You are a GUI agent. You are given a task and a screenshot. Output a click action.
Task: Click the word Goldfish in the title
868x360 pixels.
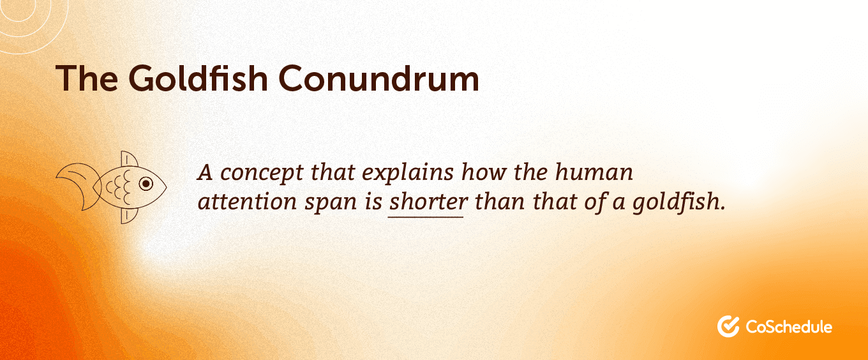198,79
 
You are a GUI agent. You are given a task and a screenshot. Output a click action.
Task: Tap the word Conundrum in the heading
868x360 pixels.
378,79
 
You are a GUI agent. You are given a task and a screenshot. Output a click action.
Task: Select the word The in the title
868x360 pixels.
87,79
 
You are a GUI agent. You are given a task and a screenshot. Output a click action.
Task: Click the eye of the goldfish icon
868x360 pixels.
146,183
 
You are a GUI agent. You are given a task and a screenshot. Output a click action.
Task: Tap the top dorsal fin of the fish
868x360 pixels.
129,160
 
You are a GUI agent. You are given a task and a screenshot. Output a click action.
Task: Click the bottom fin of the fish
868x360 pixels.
129,216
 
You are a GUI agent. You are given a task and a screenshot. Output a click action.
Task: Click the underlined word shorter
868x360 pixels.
428,202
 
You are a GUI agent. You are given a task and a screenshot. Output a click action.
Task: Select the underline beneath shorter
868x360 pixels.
426,217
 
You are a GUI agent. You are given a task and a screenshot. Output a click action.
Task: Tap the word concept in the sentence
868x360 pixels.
262,173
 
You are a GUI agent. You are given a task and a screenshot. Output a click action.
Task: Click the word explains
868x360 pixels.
408,173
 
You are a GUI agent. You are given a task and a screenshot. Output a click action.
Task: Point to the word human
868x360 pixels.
594,172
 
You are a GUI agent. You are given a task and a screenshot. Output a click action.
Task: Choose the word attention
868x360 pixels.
248,202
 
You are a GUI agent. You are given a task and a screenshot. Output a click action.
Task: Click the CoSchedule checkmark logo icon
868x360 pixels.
728,326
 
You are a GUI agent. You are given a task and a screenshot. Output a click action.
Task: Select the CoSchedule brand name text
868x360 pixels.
789,327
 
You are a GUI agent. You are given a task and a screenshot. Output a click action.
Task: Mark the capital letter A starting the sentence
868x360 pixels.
206,173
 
